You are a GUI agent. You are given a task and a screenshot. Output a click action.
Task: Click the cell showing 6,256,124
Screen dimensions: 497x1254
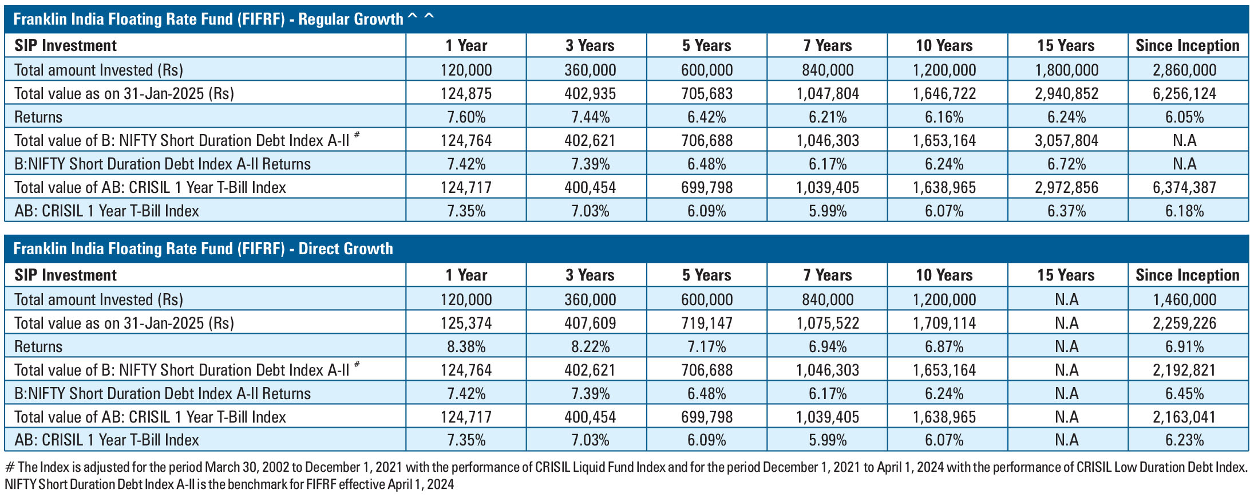[x=1184, y=93]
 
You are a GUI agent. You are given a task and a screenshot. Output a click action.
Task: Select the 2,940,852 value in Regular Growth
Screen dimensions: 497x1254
[x=1066, y=93]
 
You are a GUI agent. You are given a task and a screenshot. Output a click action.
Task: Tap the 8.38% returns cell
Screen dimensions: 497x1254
[x=466, y=346]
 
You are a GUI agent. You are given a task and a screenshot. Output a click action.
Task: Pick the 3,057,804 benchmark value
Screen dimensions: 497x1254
[x=1066, y=140]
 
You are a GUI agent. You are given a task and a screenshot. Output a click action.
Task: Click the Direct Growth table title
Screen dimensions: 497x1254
[x=203, y=249]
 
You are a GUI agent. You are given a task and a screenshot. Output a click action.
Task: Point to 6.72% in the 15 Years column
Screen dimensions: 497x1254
[x=1066, y=164]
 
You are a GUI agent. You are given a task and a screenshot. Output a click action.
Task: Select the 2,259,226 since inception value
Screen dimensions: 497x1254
[x=1184, y=323]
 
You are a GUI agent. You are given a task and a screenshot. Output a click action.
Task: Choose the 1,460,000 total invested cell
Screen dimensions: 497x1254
[x=1184, y=299]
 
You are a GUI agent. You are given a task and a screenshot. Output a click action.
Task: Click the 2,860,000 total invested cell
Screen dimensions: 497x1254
[x=1184, y=70]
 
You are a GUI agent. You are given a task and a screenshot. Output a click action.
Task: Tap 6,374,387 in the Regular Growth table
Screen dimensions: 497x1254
[x=1184, y=187]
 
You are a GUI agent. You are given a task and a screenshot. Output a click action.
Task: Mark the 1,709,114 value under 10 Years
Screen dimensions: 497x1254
[x=944, y=323]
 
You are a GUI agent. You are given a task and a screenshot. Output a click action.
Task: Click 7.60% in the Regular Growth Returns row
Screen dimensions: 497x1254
[x=466, y=117]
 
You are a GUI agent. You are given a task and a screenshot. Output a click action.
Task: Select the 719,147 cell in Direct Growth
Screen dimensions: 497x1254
[x=706, y=323]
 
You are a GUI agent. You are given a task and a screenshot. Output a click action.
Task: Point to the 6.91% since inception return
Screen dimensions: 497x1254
[x=1184, y=346]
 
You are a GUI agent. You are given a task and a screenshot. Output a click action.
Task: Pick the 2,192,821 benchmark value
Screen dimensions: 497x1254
[x=1184, y=370]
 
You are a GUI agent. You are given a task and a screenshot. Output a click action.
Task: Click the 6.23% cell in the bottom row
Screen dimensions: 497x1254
[x=1184, y=440]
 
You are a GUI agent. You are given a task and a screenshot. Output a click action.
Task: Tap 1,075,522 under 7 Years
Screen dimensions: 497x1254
[x=828, y=323]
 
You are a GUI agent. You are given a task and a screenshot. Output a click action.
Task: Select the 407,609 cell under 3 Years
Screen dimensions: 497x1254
[x=590, y=323]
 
